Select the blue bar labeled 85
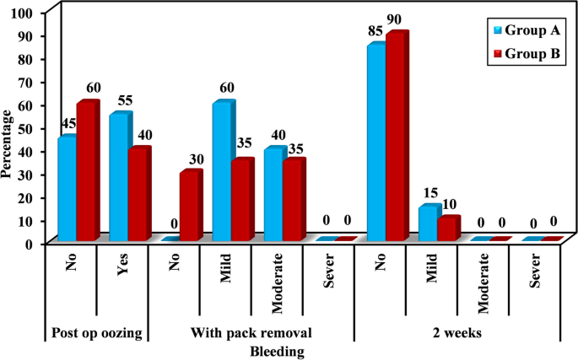[375, 143]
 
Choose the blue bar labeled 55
[119, 178]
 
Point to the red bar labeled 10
[448, 229]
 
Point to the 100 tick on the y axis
[24, 14]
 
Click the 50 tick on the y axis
[27, 128]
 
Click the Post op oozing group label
[95, 333]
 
